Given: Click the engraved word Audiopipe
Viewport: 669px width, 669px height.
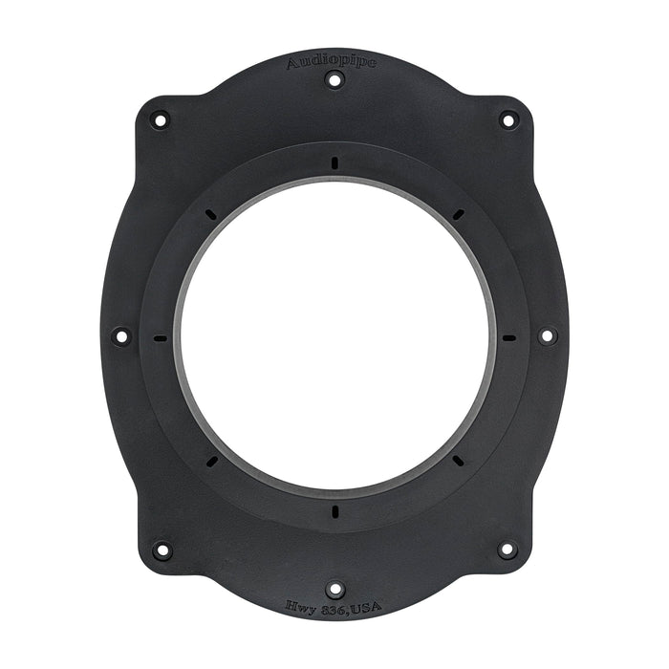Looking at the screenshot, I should pyautogui.click(x=332, y=62).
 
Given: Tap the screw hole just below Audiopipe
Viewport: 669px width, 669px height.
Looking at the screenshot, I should pyautogui.click(x=334, y=79).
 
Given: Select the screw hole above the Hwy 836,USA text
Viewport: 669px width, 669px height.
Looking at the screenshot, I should pyautogui.click(x=334, y=589).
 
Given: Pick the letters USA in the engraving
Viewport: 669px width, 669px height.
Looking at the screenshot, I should pyautogui.click(x=364, y=607).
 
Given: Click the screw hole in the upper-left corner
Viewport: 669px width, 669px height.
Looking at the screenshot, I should pyautogui.click(x=159, y=119).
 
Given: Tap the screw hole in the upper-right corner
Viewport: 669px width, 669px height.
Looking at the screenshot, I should pyautogui.click(x=508, y=119).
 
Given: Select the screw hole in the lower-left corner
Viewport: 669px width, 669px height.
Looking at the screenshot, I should pyautogui.click(x=162, y=550).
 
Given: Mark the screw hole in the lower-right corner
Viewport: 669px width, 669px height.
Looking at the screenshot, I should pyautogui.click(x=507, y=550).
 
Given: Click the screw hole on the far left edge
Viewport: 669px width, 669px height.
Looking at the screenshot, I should pyautogui.click(x=120, y=335).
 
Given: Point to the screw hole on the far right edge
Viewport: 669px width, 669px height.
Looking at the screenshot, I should pyautogui.click(x=547, y=335).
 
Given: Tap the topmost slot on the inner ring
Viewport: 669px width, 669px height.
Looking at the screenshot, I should pyautogui.click(x=334, y=162).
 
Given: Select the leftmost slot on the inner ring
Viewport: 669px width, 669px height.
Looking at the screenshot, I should pyautogui.click(x=160, y=337).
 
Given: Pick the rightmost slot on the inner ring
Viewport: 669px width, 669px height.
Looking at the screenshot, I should pyautogui.click(x=508, y=337).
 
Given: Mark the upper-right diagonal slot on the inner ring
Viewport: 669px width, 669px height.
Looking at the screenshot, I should pyautogui.click(x=458, y=213).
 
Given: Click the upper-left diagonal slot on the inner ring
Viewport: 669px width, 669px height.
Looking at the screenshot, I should pyautogui.click(x=210, y=213).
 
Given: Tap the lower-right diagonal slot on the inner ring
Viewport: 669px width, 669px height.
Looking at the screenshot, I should pyautogui.click(x=458, y=461).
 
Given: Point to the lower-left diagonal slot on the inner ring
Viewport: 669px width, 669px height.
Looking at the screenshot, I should pyautogui.click(x=210, y=461).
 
